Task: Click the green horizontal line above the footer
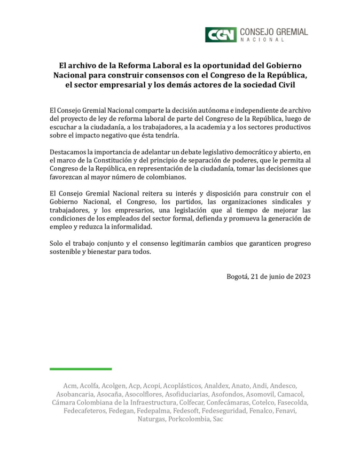pyautogui.click(x=81, y=369)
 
